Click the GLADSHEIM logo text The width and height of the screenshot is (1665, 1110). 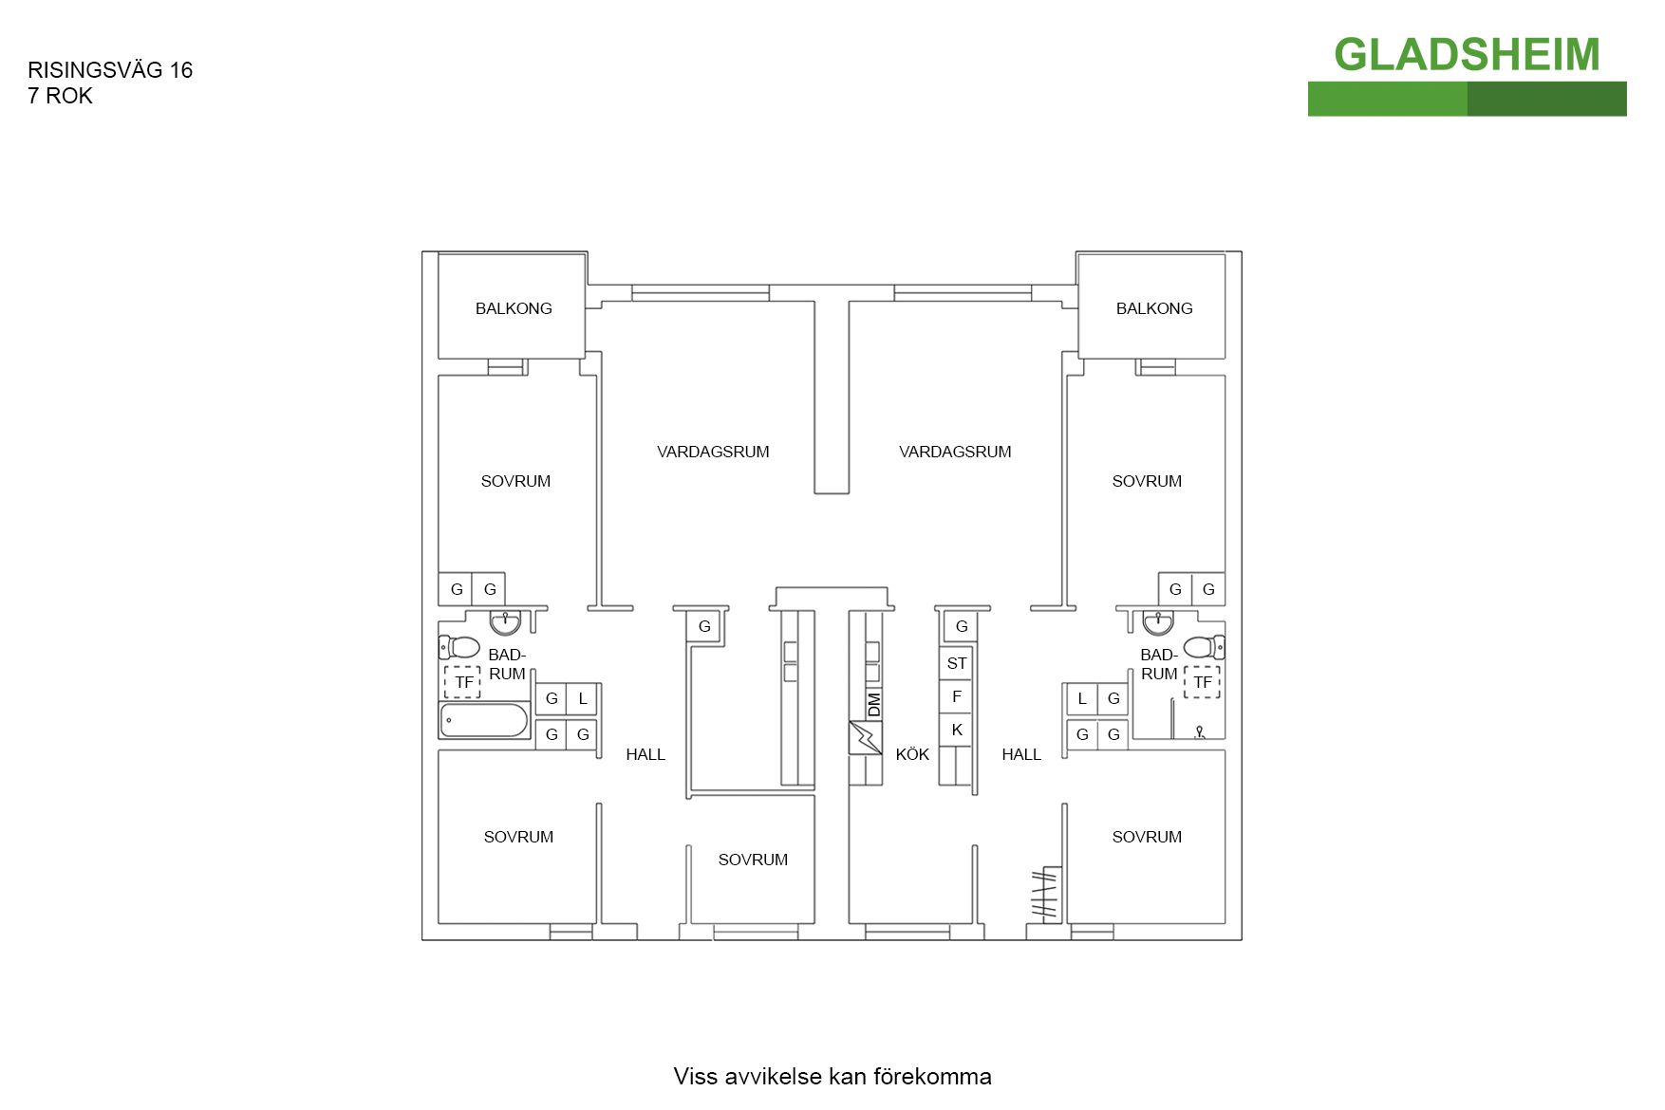[1466, 55]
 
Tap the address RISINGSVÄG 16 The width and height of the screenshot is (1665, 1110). [110, 70]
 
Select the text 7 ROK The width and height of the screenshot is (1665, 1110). [60, 96]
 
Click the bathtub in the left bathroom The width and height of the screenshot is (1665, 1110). [483, 720]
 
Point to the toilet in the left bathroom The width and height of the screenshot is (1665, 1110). [460, 647]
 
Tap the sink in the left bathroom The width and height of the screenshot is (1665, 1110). [505, 621]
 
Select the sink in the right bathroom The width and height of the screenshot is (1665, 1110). [1158, 622]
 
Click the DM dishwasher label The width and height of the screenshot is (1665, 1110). [873, 704]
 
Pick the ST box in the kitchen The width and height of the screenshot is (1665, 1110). [956, 663]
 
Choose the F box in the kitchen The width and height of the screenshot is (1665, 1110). [956, 696]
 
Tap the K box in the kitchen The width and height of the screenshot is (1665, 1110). [956, 730]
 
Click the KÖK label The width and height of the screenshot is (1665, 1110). [912, 754]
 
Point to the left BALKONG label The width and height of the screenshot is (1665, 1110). [514, 308]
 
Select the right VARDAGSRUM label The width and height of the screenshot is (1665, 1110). [955, 452]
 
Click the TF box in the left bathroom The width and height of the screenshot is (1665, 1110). [463, 682]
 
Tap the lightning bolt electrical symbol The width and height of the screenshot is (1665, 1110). [865, 737]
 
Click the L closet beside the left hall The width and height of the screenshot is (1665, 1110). [582, 699]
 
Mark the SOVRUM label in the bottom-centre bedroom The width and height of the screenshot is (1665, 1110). [753, 860]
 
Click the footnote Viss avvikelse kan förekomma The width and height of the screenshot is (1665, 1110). [832, 1076]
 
